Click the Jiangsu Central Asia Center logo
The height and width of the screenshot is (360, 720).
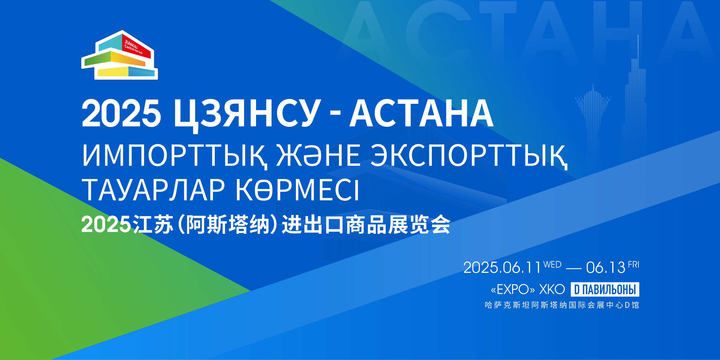[120, 55]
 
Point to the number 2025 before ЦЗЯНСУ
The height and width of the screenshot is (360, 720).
[121, 113]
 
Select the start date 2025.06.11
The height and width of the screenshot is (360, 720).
[502, 268]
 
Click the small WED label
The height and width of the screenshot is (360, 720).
[552, 264]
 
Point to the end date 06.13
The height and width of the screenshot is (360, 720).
[606, 268]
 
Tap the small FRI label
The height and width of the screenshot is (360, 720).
[634, 264]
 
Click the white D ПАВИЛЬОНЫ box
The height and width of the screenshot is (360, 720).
[605, 289]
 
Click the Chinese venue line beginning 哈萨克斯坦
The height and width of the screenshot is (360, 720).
[562, 305]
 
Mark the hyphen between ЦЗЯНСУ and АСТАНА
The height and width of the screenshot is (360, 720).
[335, 114]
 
